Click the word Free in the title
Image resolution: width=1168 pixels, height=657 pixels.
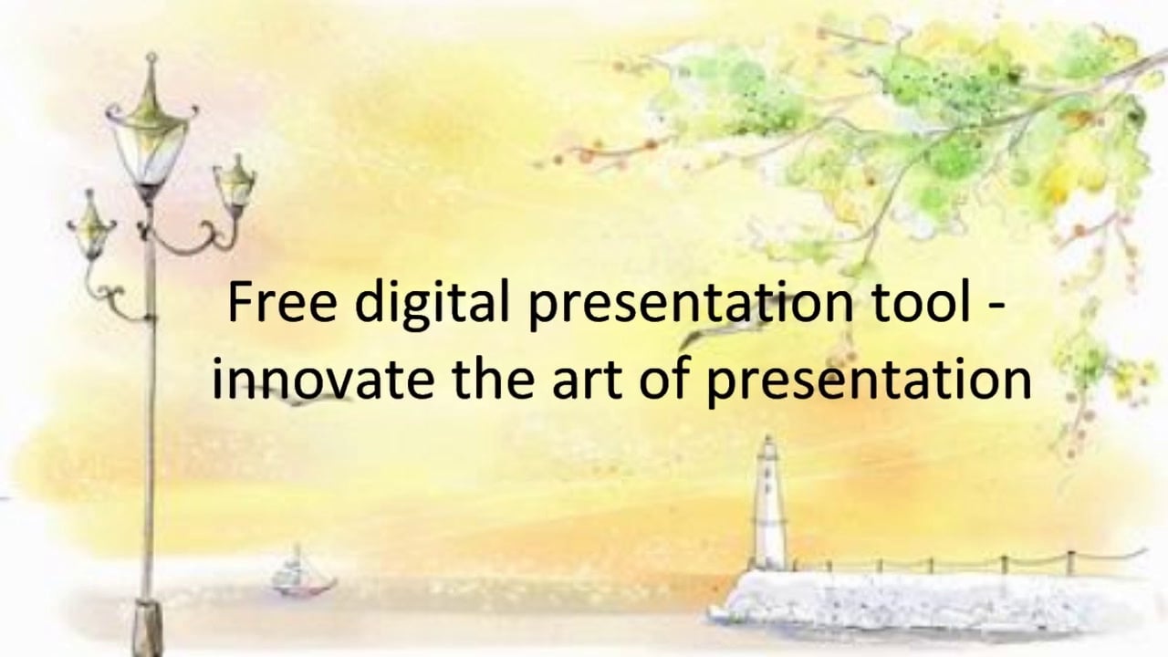click(x=281, y=303)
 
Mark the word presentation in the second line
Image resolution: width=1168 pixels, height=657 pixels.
click(x=869, y=379)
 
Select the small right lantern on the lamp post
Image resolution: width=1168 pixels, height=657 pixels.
click(x=235, y=182)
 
